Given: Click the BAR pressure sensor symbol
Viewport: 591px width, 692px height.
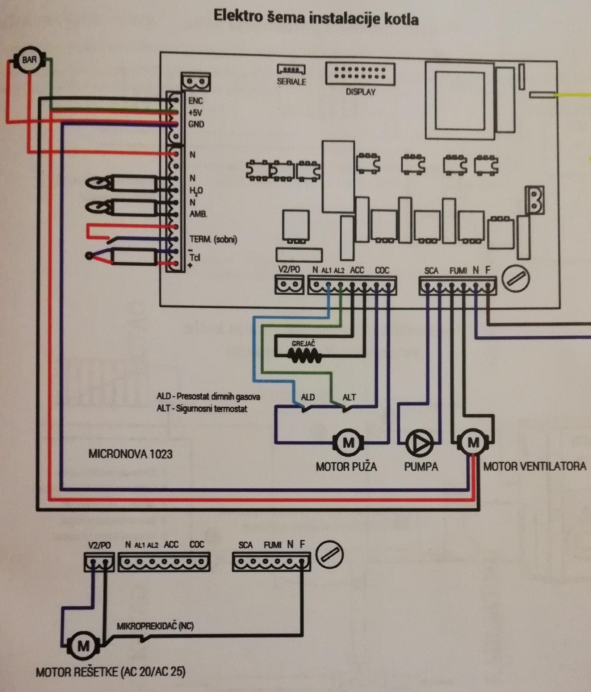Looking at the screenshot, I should (x=29, y=60).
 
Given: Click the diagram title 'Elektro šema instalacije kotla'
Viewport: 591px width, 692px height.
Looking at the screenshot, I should (x=316, y=17).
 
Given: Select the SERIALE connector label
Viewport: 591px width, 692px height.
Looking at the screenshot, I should (x=291, y=82).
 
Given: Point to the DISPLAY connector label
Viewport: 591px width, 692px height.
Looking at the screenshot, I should (x=360, y=92).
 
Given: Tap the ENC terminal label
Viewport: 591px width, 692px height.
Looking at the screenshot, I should (x=196, y=101).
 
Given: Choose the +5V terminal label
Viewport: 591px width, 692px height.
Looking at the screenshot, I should (x=195, y=113).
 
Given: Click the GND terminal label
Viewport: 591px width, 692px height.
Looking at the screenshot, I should (x=196, y=124).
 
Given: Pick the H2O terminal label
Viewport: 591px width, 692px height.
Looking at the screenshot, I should (x=196, y=191).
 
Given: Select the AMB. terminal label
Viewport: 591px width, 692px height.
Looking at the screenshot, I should (x=198, y=214).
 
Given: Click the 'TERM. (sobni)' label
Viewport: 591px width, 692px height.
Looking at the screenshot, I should (x=213, y=239).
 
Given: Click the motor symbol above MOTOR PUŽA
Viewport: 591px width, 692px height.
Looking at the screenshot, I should (x=348, y=442).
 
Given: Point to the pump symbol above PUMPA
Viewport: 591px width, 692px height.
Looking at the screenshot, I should (x=419, y=443).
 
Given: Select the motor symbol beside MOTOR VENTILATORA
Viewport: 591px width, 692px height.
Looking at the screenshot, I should (x=473, y=442).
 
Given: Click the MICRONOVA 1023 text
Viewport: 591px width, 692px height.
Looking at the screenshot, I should (x=130, y=454).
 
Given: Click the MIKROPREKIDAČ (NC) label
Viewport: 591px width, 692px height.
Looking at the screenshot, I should (x=155, y=626).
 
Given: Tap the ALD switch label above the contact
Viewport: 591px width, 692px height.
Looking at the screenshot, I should (x=308, y=397).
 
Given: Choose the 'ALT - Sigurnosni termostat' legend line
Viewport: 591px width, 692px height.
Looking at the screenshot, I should (x=202, y=409).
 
